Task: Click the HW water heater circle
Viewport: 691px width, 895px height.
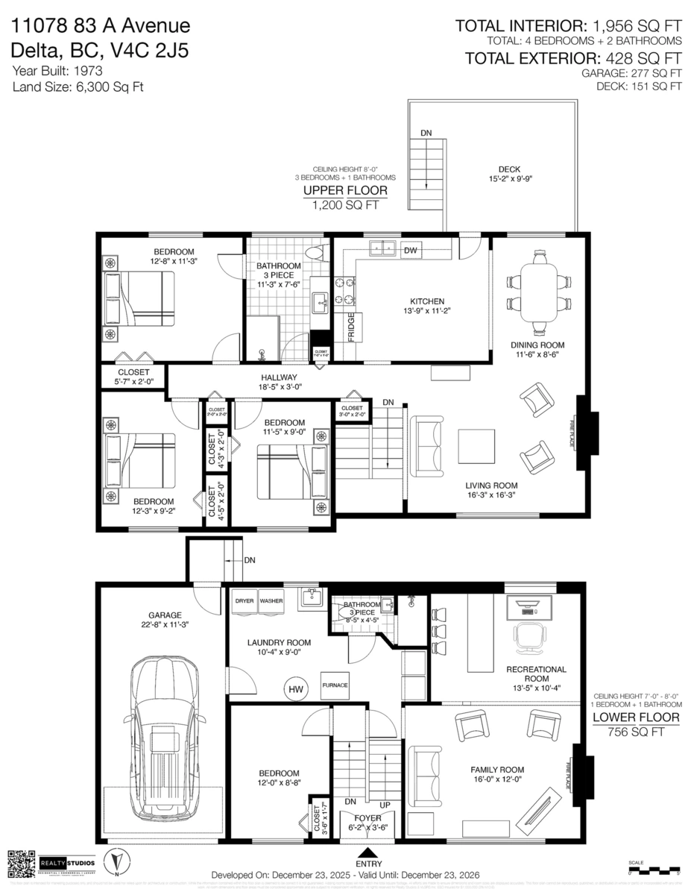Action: point(297,689)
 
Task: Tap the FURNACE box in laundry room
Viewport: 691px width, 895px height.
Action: point(335,685)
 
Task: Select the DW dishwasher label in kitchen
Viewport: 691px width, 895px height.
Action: point(411,251)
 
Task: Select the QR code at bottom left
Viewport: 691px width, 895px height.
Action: point(21,864)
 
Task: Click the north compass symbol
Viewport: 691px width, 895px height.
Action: point(116,863)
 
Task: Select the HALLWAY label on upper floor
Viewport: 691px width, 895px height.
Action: point(279,377)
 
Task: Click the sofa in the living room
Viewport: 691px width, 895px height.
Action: point(426,447)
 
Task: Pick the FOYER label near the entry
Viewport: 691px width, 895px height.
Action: point(367,817)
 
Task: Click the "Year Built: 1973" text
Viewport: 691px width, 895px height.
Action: point(57,71)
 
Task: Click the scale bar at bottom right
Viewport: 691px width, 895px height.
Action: point(654,870)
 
